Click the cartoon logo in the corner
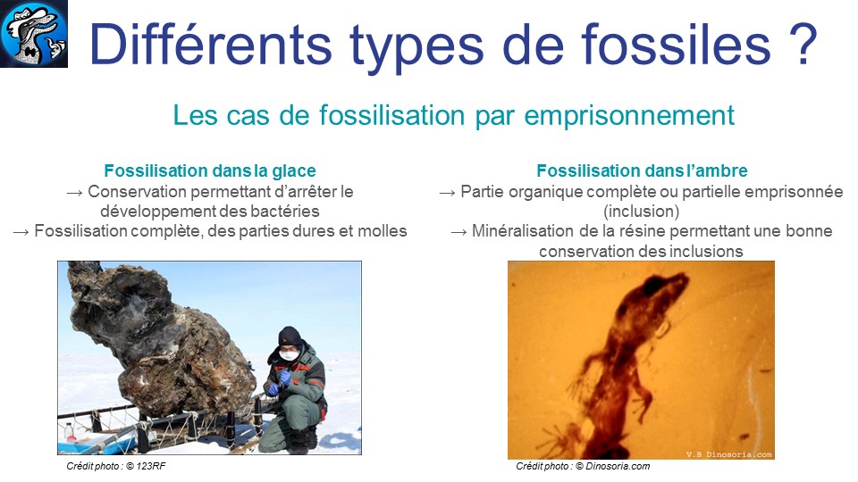[33, 33]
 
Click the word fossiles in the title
[676, 45]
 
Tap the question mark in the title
[803, 45]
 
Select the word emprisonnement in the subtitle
[629, 116]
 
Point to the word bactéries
[285, 211]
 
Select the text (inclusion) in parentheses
[642, 211]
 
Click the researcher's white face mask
[289, 354]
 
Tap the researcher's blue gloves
[281, 380]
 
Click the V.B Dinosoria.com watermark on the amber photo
[729, 454]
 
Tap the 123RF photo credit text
[116, 466]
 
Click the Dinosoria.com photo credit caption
[583, 466]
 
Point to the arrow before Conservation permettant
[74, 193]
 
